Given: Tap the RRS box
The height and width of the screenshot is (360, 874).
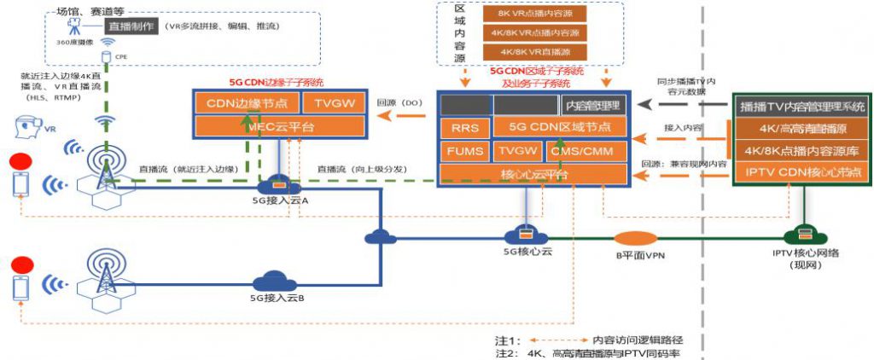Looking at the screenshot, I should coord(463,128).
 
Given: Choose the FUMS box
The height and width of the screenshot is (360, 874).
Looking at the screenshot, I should coord(463,151).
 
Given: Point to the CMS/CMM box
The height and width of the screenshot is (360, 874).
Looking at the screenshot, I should coord(583,151).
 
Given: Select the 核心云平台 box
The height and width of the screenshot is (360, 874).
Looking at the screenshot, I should coord(531,173).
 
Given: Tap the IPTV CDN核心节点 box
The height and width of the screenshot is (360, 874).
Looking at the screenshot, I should coord(801,172).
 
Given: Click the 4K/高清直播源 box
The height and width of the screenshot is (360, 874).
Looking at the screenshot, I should coord(801,131).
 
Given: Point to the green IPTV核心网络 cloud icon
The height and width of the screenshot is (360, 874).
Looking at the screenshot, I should coord(801,234).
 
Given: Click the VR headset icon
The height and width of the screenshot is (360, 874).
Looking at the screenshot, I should coord(28,129).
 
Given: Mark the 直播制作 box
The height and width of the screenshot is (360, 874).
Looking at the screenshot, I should coord(131,26).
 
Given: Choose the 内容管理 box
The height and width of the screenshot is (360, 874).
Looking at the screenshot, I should coord(594,105).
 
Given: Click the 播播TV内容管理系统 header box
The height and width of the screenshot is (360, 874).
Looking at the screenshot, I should coord(801,107).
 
